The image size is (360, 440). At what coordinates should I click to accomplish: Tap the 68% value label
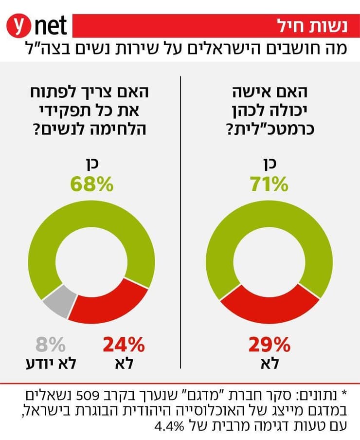point(92,184)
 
